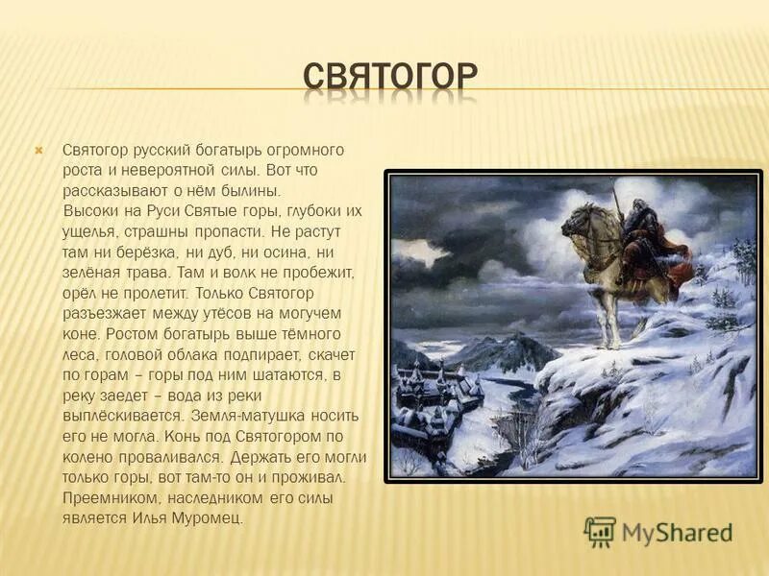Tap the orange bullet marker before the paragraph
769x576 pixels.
click(39, 151)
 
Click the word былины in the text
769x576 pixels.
click(238, 191)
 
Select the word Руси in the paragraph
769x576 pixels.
click(158, 211)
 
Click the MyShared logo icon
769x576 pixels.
click(601, 532)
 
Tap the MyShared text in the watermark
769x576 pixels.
click(677, 533)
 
